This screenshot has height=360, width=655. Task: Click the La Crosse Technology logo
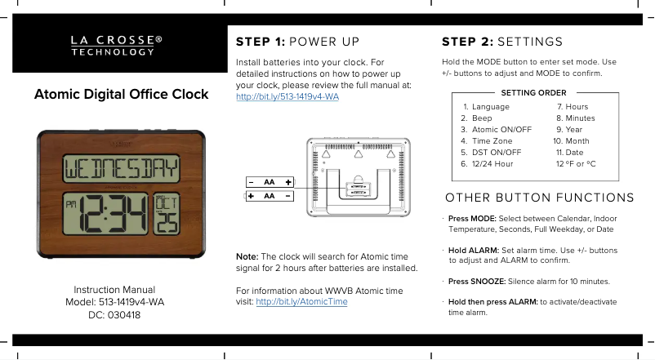coord(117,46)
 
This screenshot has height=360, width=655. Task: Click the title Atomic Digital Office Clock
coord(121,95)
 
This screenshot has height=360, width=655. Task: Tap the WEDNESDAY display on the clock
coord(121,168)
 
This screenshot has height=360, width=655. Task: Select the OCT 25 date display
coord(167,214)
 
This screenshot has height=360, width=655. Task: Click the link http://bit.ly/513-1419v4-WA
coord(287,96)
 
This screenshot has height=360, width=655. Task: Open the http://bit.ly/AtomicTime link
coord(301,301)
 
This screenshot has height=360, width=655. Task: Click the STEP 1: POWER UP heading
coord(297,42)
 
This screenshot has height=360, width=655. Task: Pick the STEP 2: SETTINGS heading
coord(502,42)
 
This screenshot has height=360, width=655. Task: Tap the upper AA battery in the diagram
coord(270,182)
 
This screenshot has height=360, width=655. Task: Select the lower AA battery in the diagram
coord(269,196)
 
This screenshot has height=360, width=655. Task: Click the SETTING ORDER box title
coord(534,93)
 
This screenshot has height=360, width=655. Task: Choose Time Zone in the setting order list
coord(492,141)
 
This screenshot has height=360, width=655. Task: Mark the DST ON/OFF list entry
coord(497,153)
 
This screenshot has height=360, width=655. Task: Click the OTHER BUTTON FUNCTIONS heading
coord(540,198)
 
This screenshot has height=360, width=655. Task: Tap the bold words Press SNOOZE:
coord(477,282)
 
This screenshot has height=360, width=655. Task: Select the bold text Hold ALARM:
coord(474,250)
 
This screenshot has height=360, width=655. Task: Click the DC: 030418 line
coord(114,315)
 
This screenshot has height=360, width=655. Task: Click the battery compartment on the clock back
coord(359,189)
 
